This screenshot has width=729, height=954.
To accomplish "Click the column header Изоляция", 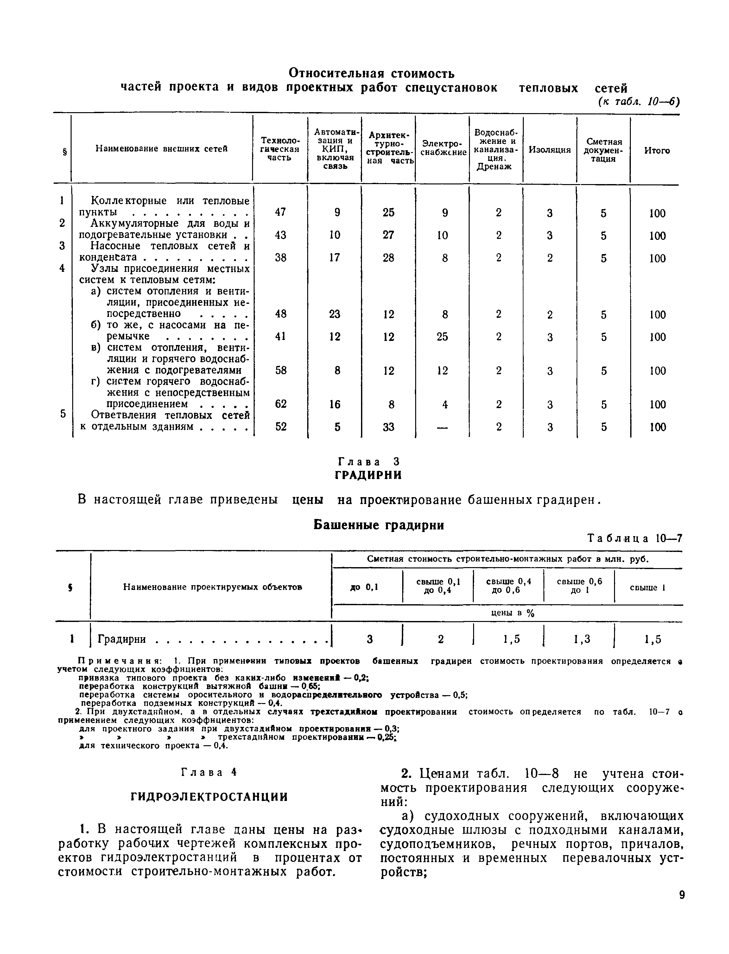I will (x=549, y=150).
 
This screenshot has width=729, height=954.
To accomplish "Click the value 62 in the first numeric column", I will (x=281, y=404).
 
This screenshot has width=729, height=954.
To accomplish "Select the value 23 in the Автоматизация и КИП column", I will (x=334, y=314).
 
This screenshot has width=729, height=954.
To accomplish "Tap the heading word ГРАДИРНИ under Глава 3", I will (x=368, y=475).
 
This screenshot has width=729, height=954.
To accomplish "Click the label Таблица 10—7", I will (x=634, y=539).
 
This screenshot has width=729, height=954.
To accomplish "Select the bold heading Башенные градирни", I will (x=378, y=525).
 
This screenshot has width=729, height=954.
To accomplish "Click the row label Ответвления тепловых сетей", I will (x=170, y=415).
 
